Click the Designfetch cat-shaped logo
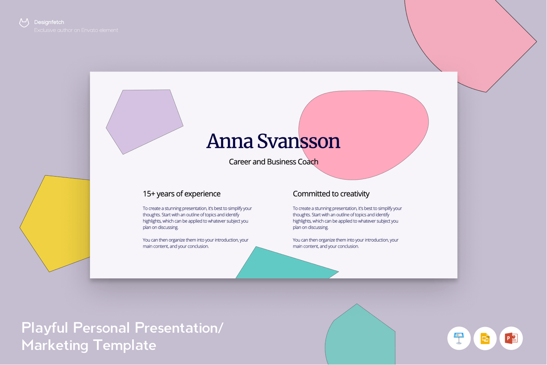[24, 23]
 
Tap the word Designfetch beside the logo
[49, 22]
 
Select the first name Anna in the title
[230, 141]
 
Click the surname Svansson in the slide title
[299, 141]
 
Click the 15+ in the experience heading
[149, 194]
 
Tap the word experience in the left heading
[202, 194]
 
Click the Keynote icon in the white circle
[459, 338]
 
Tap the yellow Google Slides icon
[485, 339]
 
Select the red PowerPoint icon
[511, 338]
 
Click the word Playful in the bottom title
[45, 328]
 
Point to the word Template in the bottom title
[125, 345]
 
